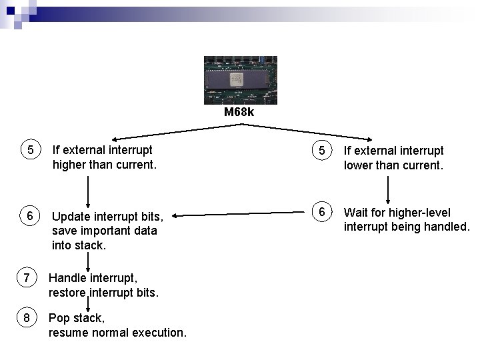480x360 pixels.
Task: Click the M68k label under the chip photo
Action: point(239,112)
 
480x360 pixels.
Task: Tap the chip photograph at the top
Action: point(239,79)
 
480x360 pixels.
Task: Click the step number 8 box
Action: point(26,318)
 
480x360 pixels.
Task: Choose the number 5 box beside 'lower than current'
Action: point(322,151)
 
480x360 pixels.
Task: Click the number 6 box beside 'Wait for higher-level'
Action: point(322,211)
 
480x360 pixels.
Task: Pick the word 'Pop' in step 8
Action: point(59,318)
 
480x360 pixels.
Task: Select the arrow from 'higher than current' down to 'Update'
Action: point(87,192)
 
